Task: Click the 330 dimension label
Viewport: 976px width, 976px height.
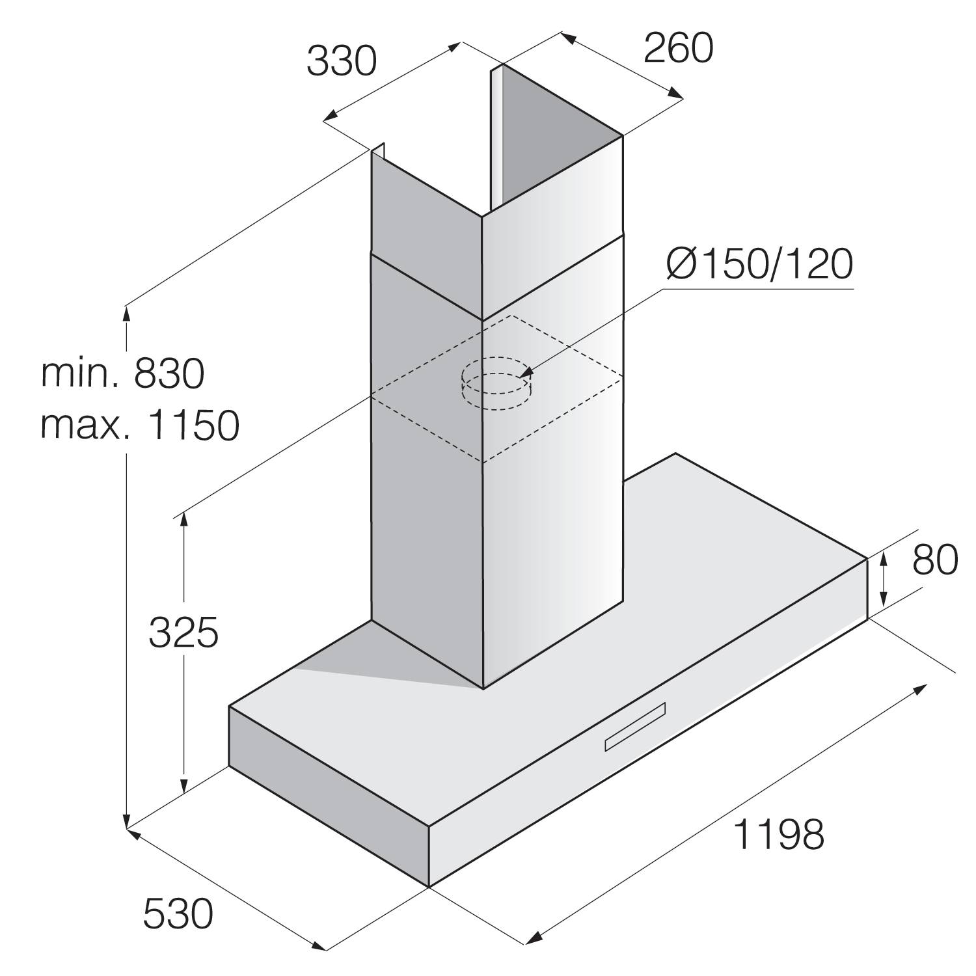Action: (x=342, y=62)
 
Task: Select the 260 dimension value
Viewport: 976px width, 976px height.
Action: (x=678, y=48)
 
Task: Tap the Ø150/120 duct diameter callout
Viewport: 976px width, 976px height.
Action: (x=758, y=265)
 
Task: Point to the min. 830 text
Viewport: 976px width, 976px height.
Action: (x=123, y=373)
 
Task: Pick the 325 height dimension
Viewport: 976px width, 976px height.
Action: (x=183, y=632)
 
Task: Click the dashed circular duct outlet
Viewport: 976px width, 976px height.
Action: (x=496, y=384)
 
